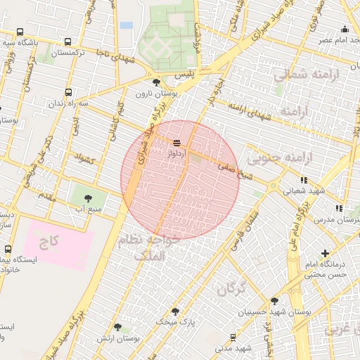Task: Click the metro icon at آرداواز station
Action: coord(176,143)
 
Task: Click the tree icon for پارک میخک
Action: coord(175,311)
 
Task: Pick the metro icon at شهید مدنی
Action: coord(233,337)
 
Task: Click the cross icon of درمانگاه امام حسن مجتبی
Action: coord(324,252)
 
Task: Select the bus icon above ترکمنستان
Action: coord(67,41)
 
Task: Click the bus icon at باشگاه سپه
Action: coord(19,32)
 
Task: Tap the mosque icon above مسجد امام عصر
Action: coord(345,29)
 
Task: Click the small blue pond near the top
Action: coord(126,25)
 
